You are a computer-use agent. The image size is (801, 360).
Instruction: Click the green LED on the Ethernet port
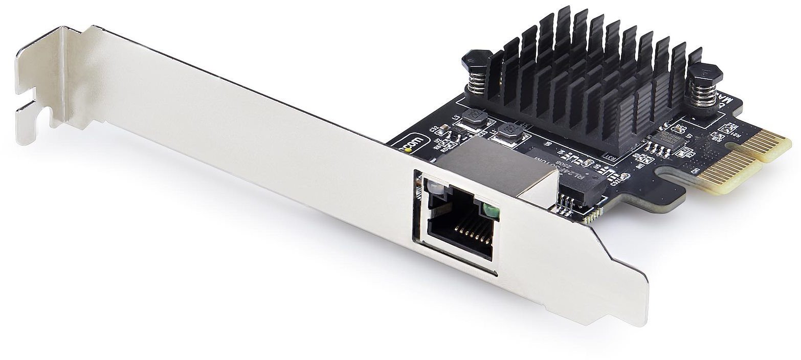pos(491,210)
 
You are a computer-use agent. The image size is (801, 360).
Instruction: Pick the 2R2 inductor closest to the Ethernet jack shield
pos(509,134)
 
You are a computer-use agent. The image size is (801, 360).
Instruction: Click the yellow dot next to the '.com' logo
pos(408,149)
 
